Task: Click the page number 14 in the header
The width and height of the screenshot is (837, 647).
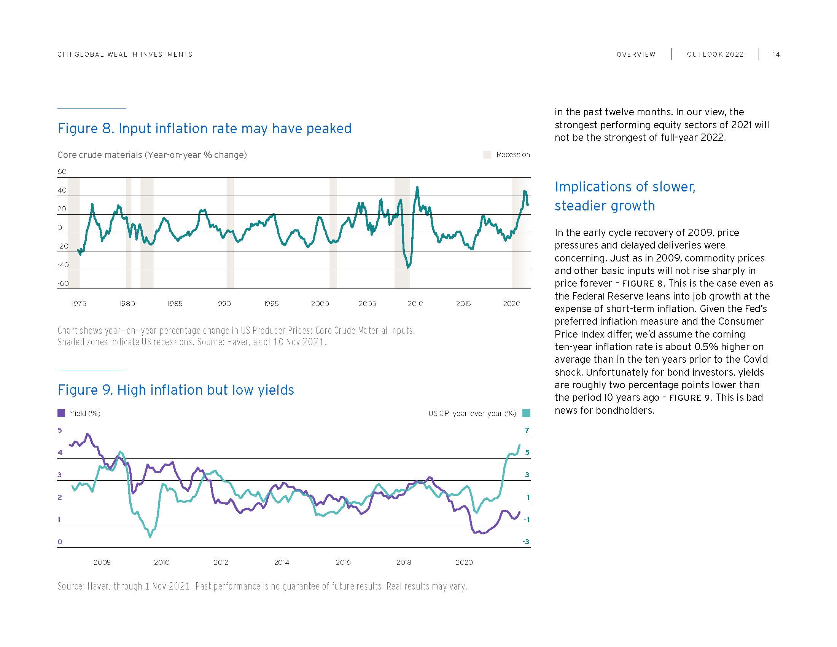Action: point(776,54)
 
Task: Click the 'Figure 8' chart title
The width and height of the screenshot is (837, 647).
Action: point(204,128)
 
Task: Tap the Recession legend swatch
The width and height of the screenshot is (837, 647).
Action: point(487,155)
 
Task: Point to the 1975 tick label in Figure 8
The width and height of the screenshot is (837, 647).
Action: point(79,304)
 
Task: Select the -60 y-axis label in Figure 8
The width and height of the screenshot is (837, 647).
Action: point(63,284)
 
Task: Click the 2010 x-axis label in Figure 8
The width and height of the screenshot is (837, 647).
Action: point(415,304)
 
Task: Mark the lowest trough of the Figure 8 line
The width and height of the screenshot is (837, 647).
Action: point(408,267)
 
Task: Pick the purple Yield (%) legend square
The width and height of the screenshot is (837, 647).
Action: point(61,413)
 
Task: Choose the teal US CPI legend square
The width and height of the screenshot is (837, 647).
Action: point(526,413)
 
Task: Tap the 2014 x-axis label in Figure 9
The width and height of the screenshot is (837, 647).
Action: point(281,562)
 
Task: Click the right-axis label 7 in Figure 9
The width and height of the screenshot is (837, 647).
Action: point(527,430)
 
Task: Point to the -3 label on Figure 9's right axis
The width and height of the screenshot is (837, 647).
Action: point(526,542)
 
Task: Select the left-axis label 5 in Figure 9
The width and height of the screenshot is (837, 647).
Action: point(60,430)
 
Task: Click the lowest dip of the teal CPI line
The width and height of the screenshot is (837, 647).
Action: point(150,537)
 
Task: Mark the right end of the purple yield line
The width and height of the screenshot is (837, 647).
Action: point(520,512)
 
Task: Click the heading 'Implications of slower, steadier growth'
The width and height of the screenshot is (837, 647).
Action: point(625,196)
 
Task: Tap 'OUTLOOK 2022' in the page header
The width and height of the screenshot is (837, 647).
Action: point(715,54)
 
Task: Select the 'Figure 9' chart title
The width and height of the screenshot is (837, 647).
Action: point(176,390)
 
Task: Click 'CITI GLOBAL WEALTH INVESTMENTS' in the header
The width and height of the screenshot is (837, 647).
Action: point(125,54)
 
